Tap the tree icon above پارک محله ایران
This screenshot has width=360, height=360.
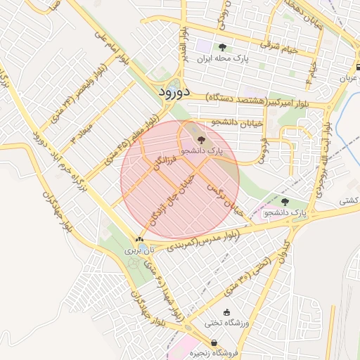(x=222, y=48)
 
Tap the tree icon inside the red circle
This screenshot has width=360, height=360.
(x=201, y=139)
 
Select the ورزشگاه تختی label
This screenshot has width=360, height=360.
(x=226, y=323)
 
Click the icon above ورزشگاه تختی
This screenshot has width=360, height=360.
(x=226, y=313)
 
